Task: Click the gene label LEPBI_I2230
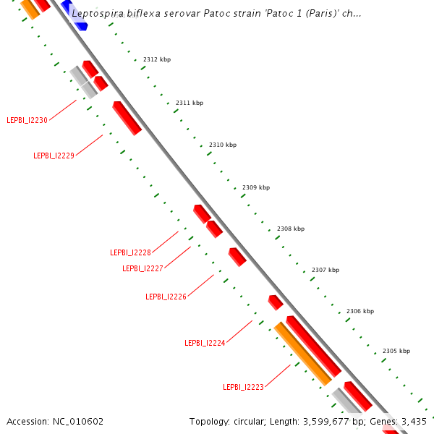click(x=27, y=120)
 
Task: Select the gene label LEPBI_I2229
click(x=54, y=156)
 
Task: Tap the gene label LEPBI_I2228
click(x=130, y=252)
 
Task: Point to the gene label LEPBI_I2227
click(x=142, y=268)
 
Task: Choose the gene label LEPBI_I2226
click(x=166, y=297)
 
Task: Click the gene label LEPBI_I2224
click(x=205, y=343)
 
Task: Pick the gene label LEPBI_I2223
click(x=243, y=387)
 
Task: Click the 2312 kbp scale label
click(x=157, y=59)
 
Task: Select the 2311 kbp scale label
click(x=190, y=103)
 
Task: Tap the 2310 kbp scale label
click(x=223, y=145)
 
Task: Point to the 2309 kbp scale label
click(x=256, y=187)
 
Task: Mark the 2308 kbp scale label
click(x=291, y=229)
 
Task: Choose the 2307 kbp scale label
click(x=325, y=270)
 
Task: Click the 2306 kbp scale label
click(x=360, y=311)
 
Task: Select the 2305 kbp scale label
click(x=396, y=351)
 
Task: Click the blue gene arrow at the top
click(x=74, y=15)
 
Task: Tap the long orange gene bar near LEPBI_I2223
click(x=302, y=353)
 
